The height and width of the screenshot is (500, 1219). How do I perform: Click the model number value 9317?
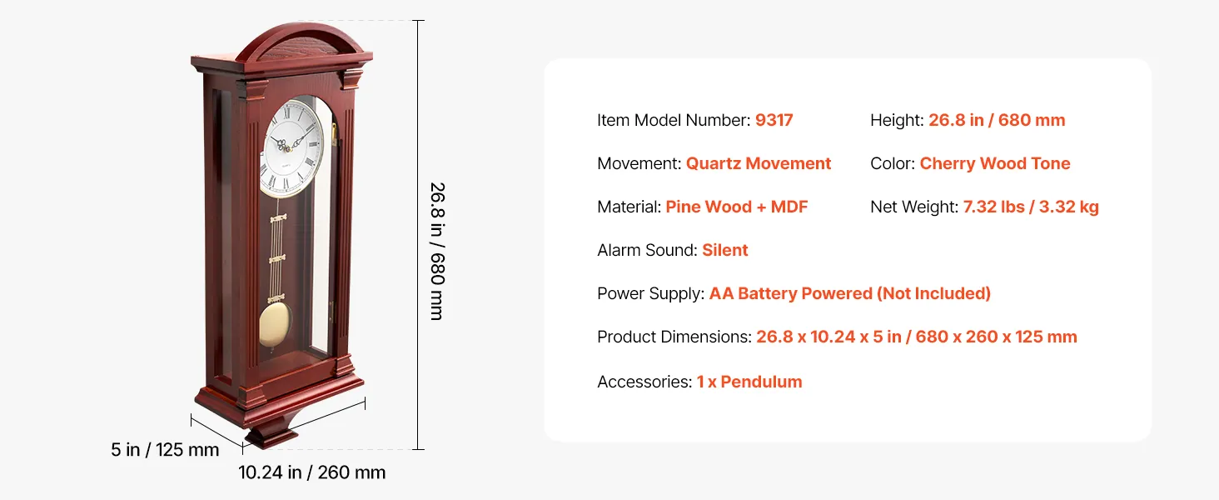pyautogui.click(x=774, y=120)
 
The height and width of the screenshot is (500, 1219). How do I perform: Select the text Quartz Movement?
pyautogui.click(x=758, y=163)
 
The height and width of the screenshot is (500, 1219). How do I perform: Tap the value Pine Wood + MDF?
pyautogui.click(x=736, y=207)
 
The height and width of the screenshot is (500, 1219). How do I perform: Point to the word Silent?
pyautogui.click(x=725, y=250)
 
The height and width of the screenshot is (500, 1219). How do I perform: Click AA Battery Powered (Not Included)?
pyautogui.click(x=849, y=293)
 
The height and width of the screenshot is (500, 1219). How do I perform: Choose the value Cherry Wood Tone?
pyautogui.click(x=995, y=163)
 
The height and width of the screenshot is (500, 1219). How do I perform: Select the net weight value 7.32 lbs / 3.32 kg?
pyautogui.click(x=1031, y=207)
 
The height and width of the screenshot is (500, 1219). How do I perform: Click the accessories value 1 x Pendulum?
pyautogui.click(x=749, y=382)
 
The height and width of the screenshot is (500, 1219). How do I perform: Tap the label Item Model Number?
pyautogui.click(x=674, y=120)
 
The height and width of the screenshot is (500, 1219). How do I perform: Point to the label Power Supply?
pyautogui.click(x=651, y=293)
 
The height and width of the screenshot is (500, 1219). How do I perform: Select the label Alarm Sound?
pyautogui.click(x=647, y=250)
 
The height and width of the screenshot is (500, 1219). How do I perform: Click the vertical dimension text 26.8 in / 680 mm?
pyautogui.click(x=437, y=251)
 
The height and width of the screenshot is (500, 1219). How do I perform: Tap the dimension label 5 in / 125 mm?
pyautogui.click(x=165, y=450)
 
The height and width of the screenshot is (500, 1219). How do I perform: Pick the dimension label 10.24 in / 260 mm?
pyautogui.click(x=311, y=472)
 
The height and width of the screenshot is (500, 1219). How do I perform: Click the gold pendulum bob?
pyautogui.click(x=275, y=325)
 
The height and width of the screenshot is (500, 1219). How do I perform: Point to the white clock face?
pyautogui.click(x=291, y=147)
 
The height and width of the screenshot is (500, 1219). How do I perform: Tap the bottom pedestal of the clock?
pyautogui.click(x=271, y=435)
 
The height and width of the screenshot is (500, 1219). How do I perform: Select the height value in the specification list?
pyautogui.click(x=997, y=120)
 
